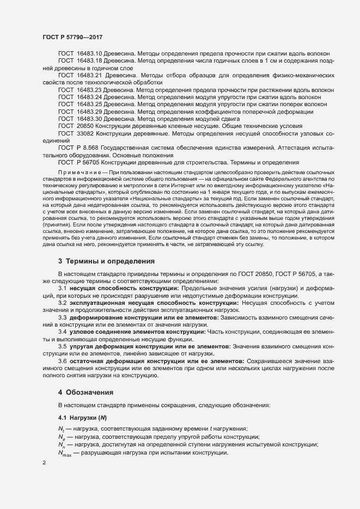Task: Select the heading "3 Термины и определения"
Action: [107, 261]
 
